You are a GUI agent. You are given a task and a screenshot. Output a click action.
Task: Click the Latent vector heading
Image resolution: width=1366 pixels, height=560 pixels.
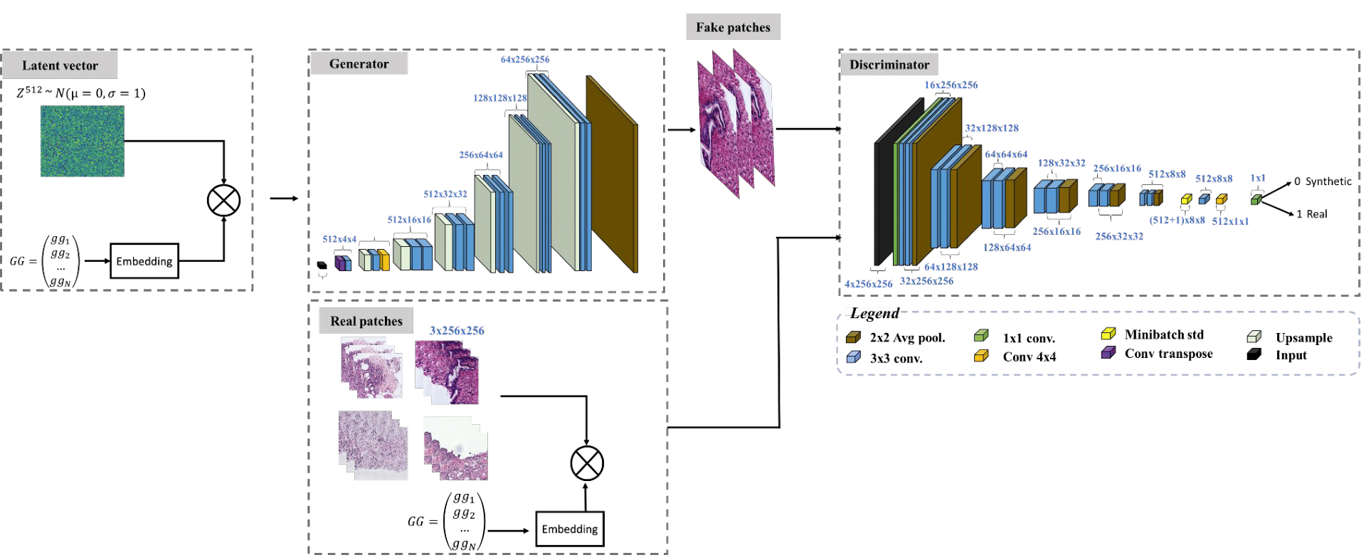[60, 65]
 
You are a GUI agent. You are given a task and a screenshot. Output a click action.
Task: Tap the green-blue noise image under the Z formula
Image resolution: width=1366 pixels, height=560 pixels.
[83, 141]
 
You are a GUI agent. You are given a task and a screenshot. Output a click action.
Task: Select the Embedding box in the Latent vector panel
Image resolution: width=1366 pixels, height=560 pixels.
[144, 261]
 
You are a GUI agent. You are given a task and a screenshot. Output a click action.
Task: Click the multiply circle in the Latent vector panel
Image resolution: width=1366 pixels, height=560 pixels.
[223, 201]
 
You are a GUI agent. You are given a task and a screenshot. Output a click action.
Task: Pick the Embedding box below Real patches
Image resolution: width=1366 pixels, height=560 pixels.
[569, 529]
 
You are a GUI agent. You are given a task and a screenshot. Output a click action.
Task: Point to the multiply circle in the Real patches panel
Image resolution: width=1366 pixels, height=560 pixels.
[587, 464]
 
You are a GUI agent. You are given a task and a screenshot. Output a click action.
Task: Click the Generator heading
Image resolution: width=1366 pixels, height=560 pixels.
[359, 64]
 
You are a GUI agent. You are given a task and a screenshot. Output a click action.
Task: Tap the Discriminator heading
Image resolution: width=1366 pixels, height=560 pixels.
[889, 65]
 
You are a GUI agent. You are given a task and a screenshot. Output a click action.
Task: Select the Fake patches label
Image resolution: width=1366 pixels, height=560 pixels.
[733, 28]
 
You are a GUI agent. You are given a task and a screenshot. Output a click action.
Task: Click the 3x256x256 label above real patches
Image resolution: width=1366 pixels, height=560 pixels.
[457, 331]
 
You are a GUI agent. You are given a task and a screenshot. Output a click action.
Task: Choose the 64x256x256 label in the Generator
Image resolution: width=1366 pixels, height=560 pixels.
[525, 60]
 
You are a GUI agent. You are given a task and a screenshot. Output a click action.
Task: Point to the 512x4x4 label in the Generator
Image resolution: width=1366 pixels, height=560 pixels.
[339, 239]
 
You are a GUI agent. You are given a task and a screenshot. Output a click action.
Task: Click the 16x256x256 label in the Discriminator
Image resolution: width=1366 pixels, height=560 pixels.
[951, 85]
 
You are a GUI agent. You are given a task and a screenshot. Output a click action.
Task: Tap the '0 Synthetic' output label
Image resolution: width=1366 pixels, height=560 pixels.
[1323, 181]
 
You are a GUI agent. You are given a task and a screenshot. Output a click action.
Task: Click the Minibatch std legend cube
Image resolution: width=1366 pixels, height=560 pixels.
[1108, 334]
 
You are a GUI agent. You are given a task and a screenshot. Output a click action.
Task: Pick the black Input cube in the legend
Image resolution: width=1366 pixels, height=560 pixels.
[1254, 354]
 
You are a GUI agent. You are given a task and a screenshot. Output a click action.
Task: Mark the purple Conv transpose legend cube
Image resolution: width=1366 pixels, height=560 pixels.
[1108, 353]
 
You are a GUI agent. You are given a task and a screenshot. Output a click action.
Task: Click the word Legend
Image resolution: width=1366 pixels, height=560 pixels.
[874, 314]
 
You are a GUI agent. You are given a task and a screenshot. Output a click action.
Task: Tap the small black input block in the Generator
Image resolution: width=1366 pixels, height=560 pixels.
[322, 265]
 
